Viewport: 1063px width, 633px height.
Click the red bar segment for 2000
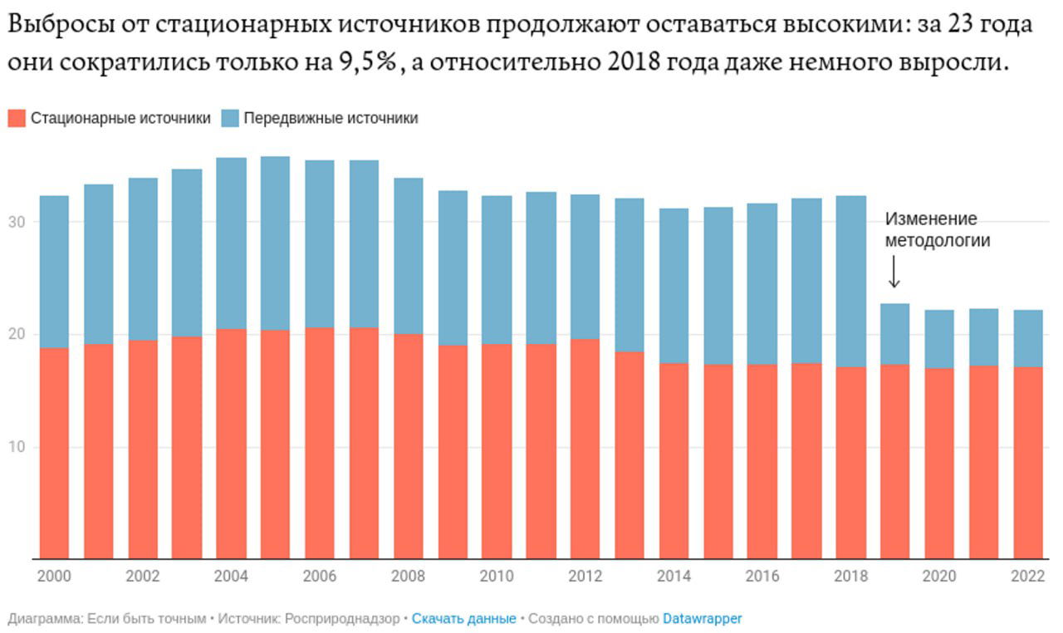(54, 453)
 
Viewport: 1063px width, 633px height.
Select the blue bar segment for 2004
(231, 243)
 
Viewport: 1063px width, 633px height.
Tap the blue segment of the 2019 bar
(894, 334)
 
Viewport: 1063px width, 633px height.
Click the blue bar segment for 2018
(850, 281)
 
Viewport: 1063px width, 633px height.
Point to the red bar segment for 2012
(585, 449)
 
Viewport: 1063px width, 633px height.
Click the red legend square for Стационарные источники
(17, 118)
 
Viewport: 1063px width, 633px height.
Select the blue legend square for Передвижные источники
(230, 118)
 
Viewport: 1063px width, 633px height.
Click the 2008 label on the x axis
(408, 577)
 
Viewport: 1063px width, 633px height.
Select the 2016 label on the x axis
(762, 577)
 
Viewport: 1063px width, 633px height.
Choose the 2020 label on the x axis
(938, 577)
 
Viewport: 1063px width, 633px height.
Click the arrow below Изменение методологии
(894, 272)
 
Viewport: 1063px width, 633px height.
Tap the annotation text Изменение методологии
(937, 230)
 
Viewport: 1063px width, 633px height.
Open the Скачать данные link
(463, 619)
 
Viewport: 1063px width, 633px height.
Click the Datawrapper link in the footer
(702, 619)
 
